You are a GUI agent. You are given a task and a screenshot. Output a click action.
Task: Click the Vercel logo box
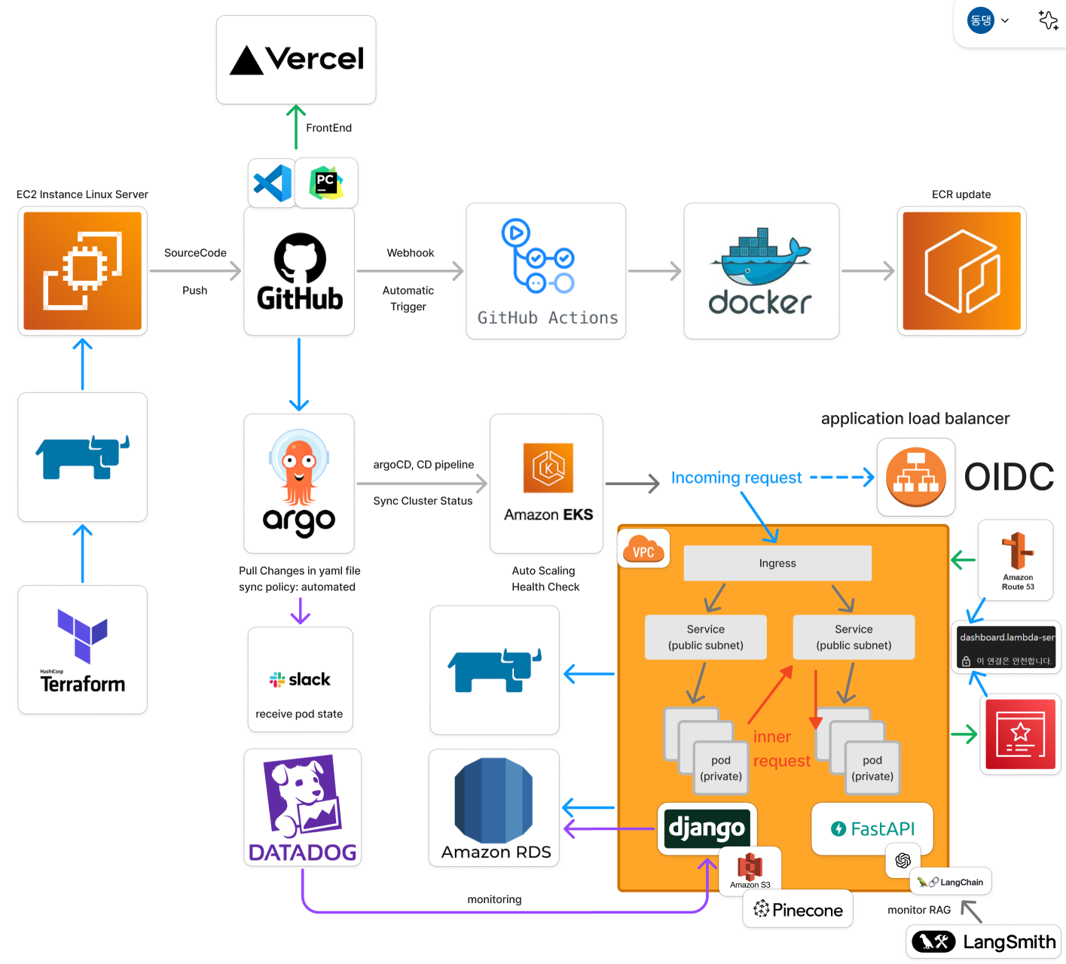pos(296,59)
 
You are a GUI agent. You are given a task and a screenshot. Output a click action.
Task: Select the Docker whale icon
pos(761,256)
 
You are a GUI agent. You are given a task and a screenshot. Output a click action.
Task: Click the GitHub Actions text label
pos(547,318)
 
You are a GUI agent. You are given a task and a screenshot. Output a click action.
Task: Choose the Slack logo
pos(300,679)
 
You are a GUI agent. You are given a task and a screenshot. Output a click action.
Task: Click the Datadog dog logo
pos(302,798)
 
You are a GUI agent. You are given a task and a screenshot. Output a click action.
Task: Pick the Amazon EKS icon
pos(548,468)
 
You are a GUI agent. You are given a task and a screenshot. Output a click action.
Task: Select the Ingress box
pos(777,563)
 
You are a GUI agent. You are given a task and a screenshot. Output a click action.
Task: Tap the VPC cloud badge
pos(643,549)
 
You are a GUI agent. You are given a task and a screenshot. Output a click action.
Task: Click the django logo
pos(707,828)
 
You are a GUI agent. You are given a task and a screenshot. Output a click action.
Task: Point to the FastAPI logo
pos(872,828)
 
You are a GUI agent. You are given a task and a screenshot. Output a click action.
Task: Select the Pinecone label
pos(799,910)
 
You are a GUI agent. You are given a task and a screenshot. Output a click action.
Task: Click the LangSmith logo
pos(984,942)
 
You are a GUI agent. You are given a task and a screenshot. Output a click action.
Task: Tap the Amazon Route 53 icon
pos(1017,551)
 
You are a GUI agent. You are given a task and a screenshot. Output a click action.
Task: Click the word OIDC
pos(1009,477)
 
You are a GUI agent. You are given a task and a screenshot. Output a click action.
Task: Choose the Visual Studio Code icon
pos(273,183)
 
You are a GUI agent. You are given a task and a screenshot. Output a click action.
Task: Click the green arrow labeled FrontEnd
pos(296,127)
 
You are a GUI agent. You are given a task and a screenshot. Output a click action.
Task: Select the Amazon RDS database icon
pos(493,801)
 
